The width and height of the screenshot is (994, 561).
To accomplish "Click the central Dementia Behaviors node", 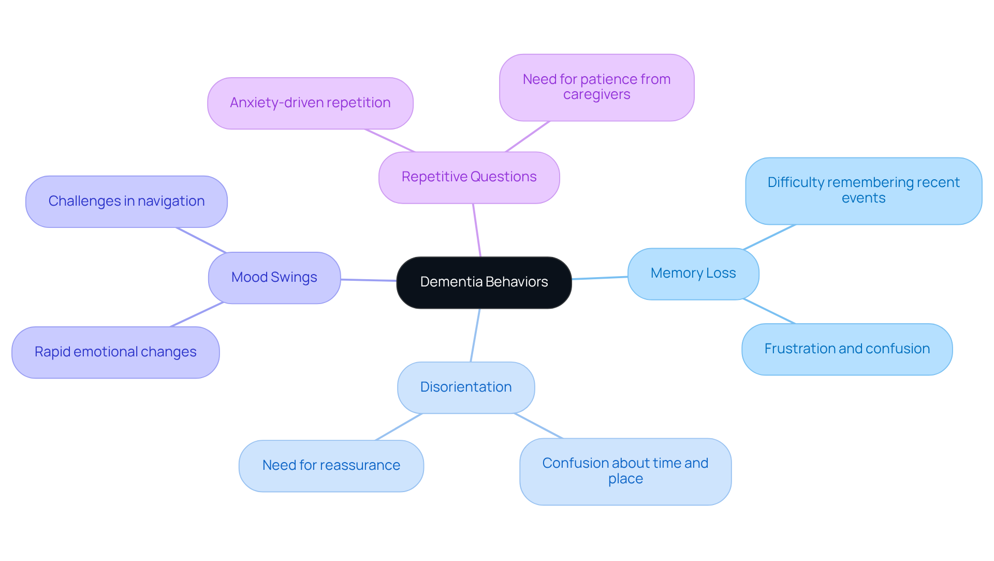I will (x=484, y=282).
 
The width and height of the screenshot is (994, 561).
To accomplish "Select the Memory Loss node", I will (x=693, y=274).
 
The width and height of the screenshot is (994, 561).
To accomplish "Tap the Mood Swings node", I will (x=274, y=278).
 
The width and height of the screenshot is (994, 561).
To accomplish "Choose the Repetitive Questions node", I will (x=469, y=177).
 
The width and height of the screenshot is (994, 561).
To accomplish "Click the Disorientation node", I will (x=465, y=387).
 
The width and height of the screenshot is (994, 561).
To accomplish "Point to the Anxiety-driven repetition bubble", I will (x=310, y=103).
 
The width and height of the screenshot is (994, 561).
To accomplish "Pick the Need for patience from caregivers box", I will (x=596, y=87).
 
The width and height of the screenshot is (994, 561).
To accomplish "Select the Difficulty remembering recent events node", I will (x=863, y=191).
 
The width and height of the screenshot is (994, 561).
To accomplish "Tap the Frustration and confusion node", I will (x=846, y=349).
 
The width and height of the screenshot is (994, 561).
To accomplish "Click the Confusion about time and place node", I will (x=625, y=471).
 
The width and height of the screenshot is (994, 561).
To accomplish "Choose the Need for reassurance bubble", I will (x=331, y=466).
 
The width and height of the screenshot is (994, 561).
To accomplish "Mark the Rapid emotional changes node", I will (x=115, y=352).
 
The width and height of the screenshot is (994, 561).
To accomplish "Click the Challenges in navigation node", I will (x=126, y=202).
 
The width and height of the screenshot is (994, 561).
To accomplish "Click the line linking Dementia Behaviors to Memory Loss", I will (x=600, y=278).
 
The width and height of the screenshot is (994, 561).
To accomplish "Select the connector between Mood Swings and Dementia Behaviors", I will (x=368, y=280).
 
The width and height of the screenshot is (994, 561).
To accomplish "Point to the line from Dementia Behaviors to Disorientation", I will (x=475, y=335).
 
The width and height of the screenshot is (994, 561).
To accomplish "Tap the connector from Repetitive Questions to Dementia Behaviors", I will (x=477, y=230).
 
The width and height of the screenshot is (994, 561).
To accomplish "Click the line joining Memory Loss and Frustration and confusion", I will (x=769, y=311).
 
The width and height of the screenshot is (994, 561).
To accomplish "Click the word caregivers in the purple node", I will (x=596, y=95).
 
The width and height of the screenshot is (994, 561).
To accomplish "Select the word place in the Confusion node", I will (x=625, y=479).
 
